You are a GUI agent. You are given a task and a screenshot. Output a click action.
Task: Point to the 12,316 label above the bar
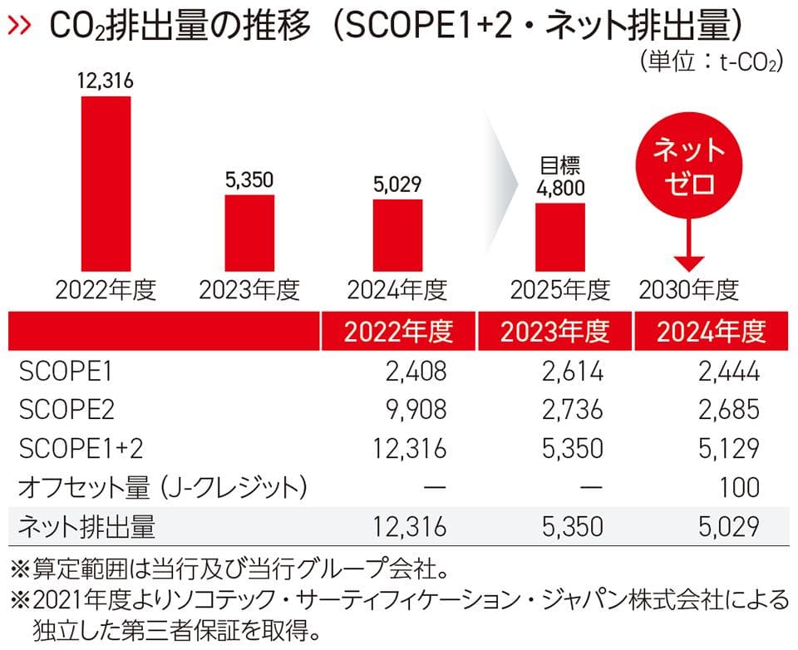(x=106, y=81)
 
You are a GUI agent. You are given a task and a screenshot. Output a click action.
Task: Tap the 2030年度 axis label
(x=689, y=289)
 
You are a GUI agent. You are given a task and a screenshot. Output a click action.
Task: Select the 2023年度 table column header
(x=554, y=331)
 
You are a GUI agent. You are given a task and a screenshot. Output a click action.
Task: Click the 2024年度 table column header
(x=710, y=331)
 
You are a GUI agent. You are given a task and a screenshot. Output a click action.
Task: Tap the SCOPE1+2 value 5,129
(x=727, y=449)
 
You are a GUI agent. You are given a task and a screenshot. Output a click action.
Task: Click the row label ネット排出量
(x=86, y=525)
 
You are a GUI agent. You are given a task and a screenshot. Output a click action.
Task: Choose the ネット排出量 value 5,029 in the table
(x=727, y=525)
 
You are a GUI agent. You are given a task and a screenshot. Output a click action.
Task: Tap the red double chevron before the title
(x=20, y=27)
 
